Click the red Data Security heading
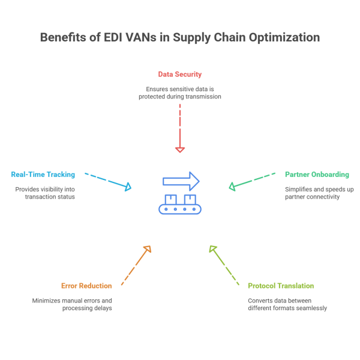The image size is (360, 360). coord(179,74)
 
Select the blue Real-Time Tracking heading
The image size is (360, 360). coord(43,174)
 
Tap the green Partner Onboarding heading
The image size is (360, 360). coord(317,174)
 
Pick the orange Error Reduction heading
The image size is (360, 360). coord(87,286)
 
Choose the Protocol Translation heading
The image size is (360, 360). coord(281,286)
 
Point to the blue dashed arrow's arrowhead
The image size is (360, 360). coord(127,188)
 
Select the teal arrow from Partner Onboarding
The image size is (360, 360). coord(253,181)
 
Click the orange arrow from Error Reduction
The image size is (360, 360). coord(136,265)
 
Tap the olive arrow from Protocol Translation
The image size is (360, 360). coord(223,264)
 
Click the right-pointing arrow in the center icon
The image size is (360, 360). coord(181,181)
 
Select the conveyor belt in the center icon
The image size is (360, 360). coord(181,209)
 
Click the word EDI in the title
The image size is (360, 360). coord(113,38)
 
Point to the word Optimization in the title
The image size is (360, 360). coord(283,38)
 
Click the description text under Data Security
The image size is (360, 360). coord(179,92)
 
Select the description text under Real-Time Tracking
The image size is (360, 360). coord(45,193)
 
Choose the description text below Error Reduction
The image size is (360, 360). coord(72,304)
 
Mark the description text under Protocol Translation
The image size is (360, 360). coord(287,304)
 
